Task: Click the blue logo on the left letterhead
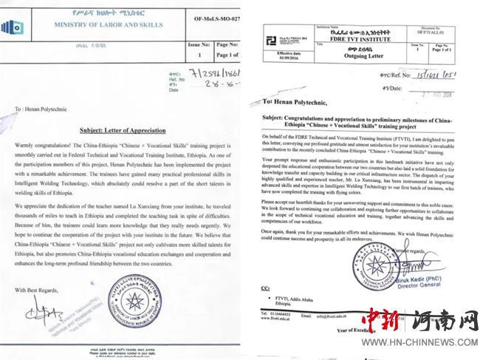(x=13, y=27)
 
